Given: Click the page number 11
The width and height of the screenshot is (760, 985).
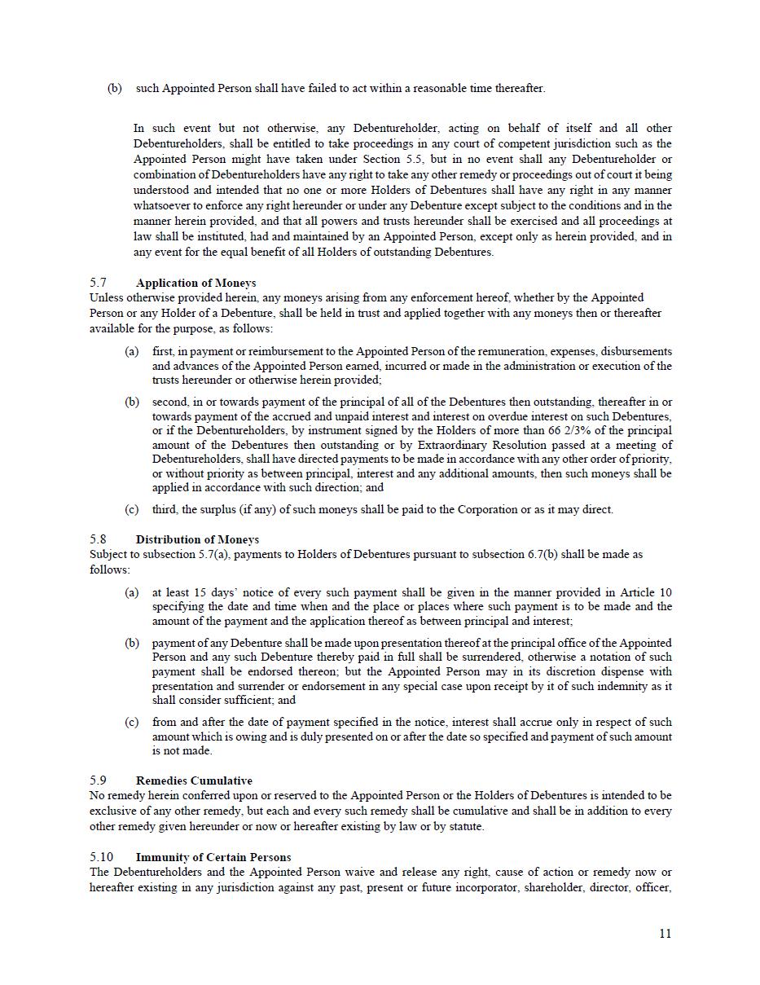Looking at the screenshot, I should click(665, 934).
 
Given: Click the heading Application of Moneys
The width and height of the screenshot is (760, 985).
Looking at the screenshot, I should click(195, 283).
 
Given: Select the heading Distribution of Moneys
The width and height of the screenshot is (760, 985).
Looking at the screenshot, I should click(197, 539).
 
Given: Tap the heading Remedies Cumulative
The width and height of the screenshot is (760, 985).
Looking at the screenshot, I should click(194, 781).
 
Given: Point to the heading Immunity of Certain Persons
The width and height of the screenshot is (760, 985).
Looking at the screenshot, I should click(213, 857).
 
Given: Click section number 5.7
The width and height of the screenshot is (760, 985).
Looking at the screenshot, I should click(99, 283).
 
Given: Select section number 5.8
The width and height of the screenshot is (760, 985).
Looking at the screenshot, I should click(99, 539).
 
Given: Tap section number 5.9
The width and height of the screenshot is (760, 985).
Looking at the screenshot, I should click(99, 781).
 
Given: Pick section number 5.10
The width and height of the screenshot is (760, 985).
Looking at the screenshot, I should click(102, 857).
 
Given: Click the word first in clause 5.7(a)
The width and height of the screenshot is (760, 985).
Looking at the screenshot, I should click(161, 351).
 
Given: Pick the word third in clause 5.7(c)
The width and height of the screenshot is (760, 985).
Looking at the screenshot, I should click(165, 509).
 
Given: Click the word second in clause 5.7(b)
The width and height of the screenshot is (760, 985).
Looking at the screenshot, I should click(169, 402).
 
